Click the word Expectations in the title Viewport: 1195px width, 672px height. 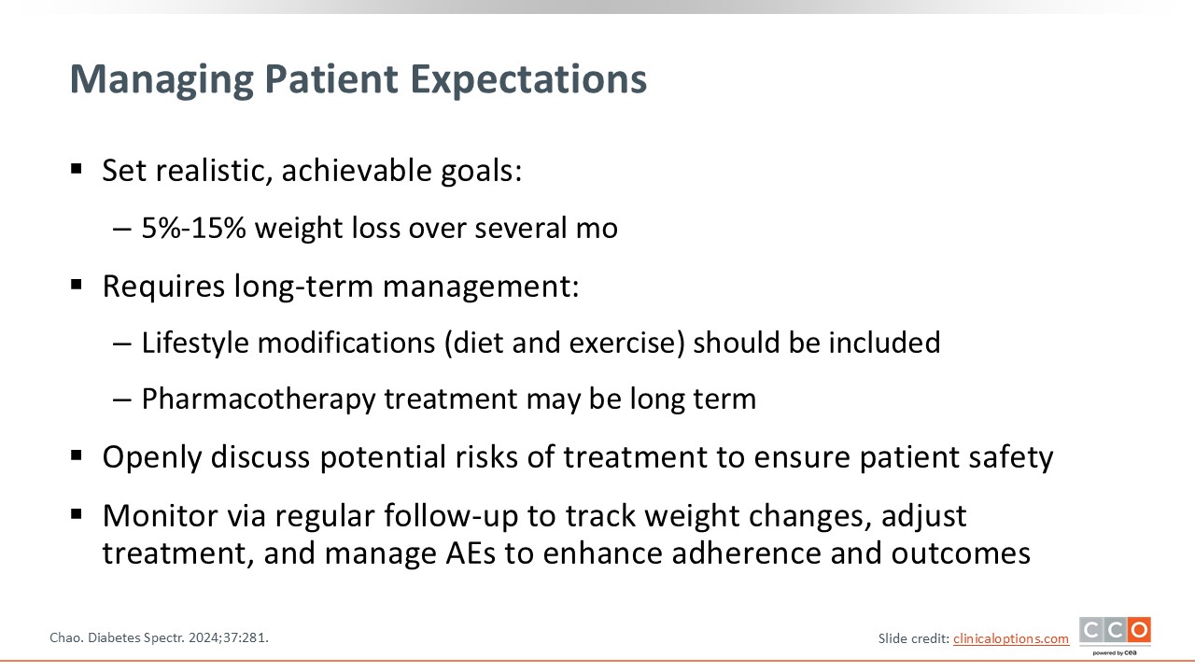tap(528, 80)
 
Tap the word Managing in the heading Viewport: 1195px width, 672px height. tap(162, 80)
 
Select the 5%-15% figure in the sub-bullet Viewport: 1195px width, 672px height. tap(193, 228)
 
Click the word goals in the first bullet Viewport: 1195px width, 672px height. tap(481, 172)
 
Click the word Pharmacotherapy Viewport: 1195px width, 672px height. tap(259, 399)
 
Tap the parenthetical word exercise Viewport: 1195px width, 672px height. tap(626, 343)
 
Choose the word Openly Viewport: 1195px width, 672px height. tap(152, 457)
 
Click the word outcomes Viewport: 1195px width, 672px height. tap(961, 553)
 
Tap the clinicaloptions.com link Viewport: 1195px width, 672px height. tap(1011, 638)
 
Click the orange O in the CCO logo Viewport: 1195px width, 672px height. tap(1139, 630)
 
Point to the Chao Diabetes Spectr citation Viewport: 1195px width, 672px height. tap(159, 637)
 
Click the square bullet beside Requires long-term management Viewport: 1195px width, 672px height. tap(77, 285)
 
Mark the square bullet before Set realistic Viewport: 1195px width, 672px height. tap(77, 170)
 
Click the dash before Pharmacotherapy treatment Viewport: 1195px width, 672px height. tap(122, 400)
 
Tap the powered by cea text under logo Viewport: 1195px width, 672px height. tap(1115, 652)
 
